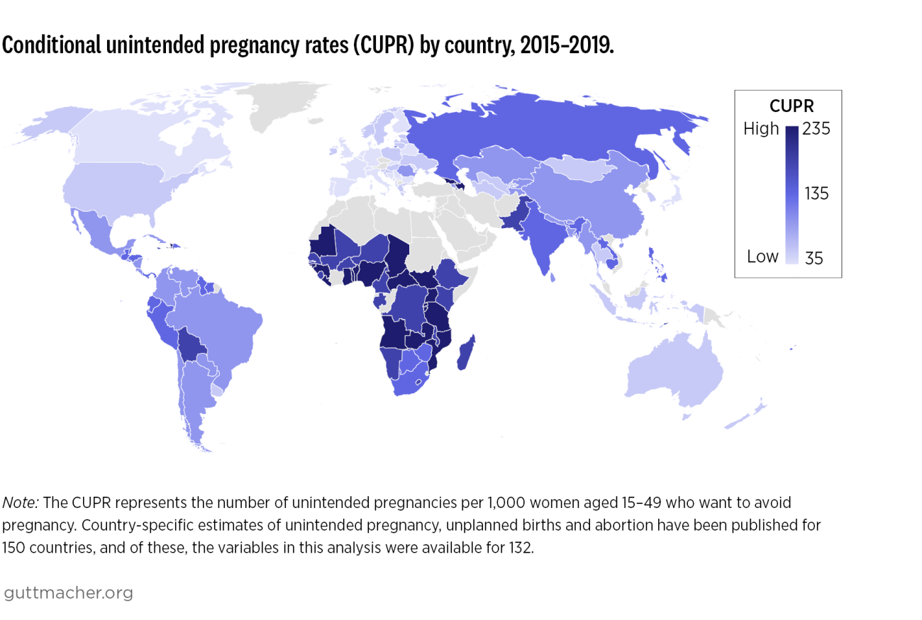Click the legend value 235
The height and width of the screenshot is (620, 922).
click(816, 129)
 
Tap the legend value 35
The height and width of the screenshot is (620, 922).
click(813, 258)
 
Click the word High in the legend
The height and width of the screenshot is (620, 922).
click(761, 129)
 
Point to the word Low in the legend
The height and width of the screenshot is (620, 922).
click(762, 257)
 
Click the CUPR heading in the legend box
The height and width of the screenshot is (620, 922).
click(791, 106)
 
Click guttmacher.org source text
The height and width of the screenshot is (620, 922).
click(68, 592)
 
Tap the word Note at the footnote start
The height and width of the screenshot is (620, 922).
click(22, 502)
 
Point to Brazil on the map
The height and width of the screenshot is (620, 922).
click(227, 333)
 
